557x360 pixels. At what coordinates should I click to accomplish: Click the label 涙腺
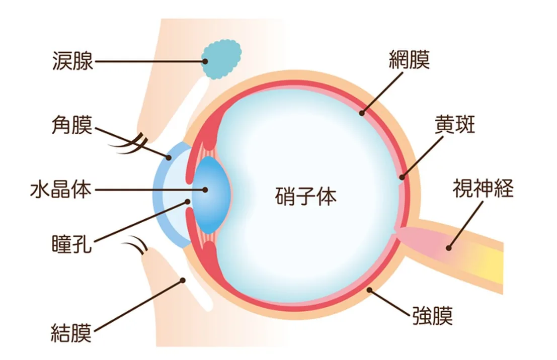coord(73,61)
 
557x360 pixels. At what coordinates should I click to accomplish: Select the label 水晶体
coord(61,190)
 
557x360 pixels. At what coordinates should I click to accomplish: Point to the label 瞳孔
coord(72,243)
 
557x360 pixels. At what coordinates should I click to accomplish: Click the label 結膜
coord(71,333)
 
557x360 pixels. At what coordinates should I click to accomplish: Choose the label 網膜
coord(409,59)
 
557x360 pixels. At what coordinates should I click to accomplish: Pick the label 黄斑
coord(455,125)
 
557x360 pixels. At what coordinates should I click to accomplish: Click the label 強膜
coord(432,315)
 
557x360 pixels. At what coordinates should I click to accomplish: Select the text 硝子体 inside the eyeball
coord(306,196)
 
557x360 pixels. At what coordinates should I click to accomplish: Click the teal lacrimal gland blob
coord(222,59)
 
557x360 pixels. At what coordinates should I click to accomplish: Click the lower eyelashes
coord(135,244)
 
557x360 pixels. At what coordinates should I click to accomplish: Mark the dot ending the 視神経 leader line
coord(449,248)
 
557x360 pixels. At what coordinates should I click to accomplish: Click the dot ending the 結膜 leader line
coord(183,281)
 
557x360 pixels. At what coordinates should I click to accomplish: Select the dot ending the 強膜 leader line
coord(369,290)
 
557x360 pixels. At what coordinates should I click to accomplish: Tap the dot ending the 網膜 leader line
coord(362,113)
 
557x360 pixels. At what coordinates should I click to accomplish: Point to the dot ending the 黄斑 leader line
coord(402,177)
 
